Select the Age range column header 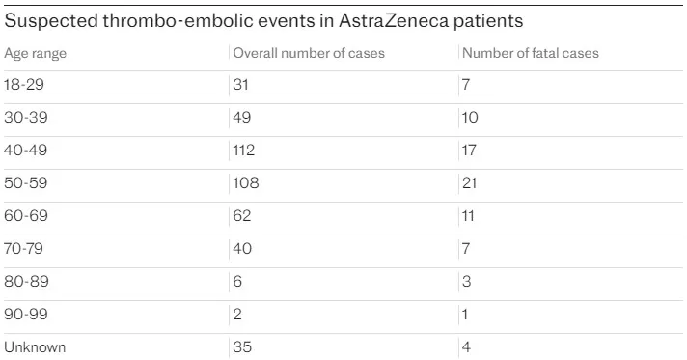[x=36, y=53]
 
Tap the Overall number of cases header [x=309, y=53]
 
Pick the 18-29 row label [x=24, y=86]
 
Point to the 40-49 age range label [x=25, y=151]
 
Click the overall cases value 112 [x=246, y=151]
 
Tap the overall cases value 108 [x=247, y=183]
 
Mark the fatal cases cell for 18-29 [x=467, y=86]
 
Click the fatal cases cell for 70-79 [x=467, y=249]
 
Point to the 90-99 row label [x=25, y=315]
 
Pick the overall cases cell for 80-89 [x=238, y=282]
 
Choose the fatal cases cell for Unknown [x=467, y=347]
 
